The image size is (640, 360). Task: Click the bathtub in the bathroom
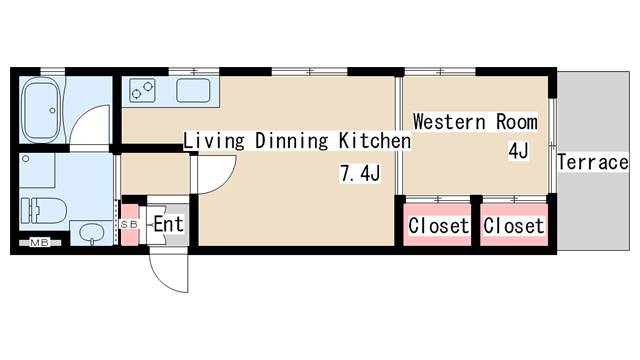click(x=40, y=109)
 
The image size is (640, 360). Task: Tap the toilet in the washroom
click(x=44, y=210)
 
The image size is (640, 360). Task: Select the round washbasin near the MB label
click(x=92, y=233)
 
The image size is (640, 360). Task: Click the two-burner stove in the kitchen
click(x=142, y=90)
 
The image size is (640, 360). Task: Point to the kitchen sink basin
click(x=193, y=90)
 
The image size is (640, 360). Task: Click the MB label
click(x=40, y=243)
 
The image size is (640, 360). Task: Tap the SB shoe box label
click(x=130, y=225)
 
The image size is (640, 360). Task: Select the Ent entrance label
click(x=168, y=224)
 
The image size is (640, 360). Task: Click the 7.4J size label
click(x=360, y=174)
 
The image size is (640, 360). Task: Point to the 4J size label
click(x=518, y=151)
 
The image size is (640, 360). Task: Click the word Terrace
click(x=593, y=162)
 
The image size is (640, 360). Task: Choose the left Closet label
click(x=438, y=226)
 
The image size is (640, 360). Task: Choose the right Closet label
click(x=513, y=226)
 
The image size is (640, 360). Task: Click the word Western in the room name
click(x=449, y=122)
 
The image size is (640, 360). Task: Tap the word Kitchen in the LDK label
click(x=375, y=140)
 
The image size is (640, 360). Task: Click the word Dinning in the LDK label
click(x=291, y=140)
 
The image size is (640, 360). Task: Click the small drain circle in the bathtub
click(x=52, y=110)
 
